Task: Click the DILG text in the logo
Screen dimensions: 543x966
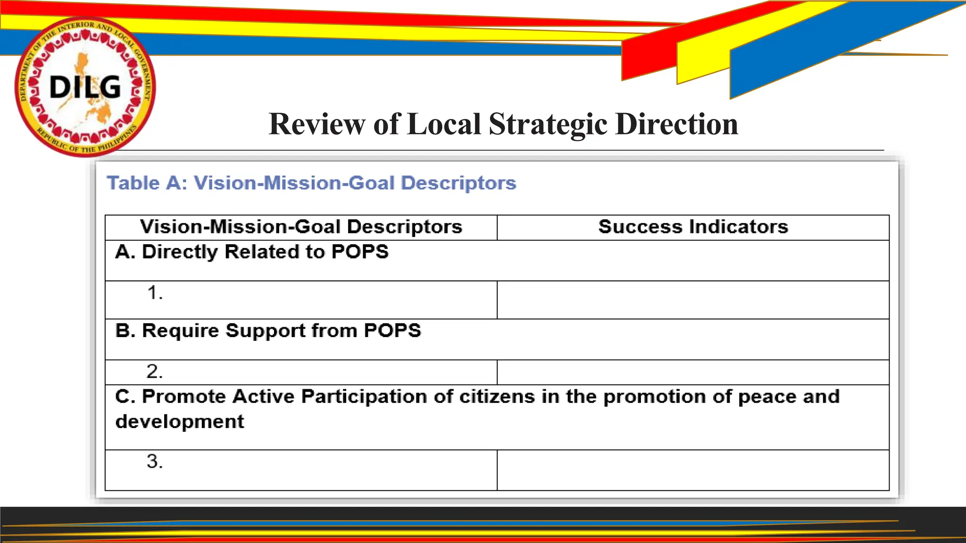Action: pyautogui.click(x=85, y=88)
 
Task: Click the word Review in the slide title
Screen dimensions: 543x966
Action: pyautogui.click(x=316, y=124)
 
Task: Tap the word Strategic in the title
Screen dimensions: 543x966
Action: pyautogui.click(x=548, y=124)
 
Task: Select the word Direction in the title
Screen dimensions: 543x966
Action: pyautogui.click(x=676, y=124)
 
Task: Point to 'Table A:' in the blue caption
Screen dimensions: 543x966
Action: pyautogui.click(x=147, y=183)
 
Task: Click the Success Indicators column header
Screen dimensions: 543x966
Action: pyautogui.click(x=693, y=227)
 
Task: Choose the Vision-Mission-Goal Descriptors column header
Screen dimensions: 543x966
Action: pyautogui.click(x=301, y=227)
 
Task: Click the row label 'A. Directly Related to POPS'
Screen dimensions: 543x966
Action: pyautogui.click(x=252, y=252)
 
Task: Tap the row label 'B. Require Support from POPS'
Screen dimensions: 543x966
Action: pyautogui.click(x=268, y=331)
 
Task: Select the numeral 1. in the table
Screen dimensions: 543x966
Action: pyautogui.click(x=155, y=293)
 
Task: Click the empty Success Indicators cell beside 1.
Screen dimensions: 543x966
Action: pyautogui.click(x=693, y=300)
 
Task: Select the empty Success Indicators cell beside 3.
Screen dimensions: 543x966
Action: pyautogui.click(x=693, y=470)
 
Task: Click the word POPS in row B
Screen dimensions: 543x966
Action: pyautogui.click(x=392, y=331)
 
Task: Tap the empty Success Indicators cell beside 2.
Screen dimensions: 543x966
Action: pyautogui.click(x=693, y=372)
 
